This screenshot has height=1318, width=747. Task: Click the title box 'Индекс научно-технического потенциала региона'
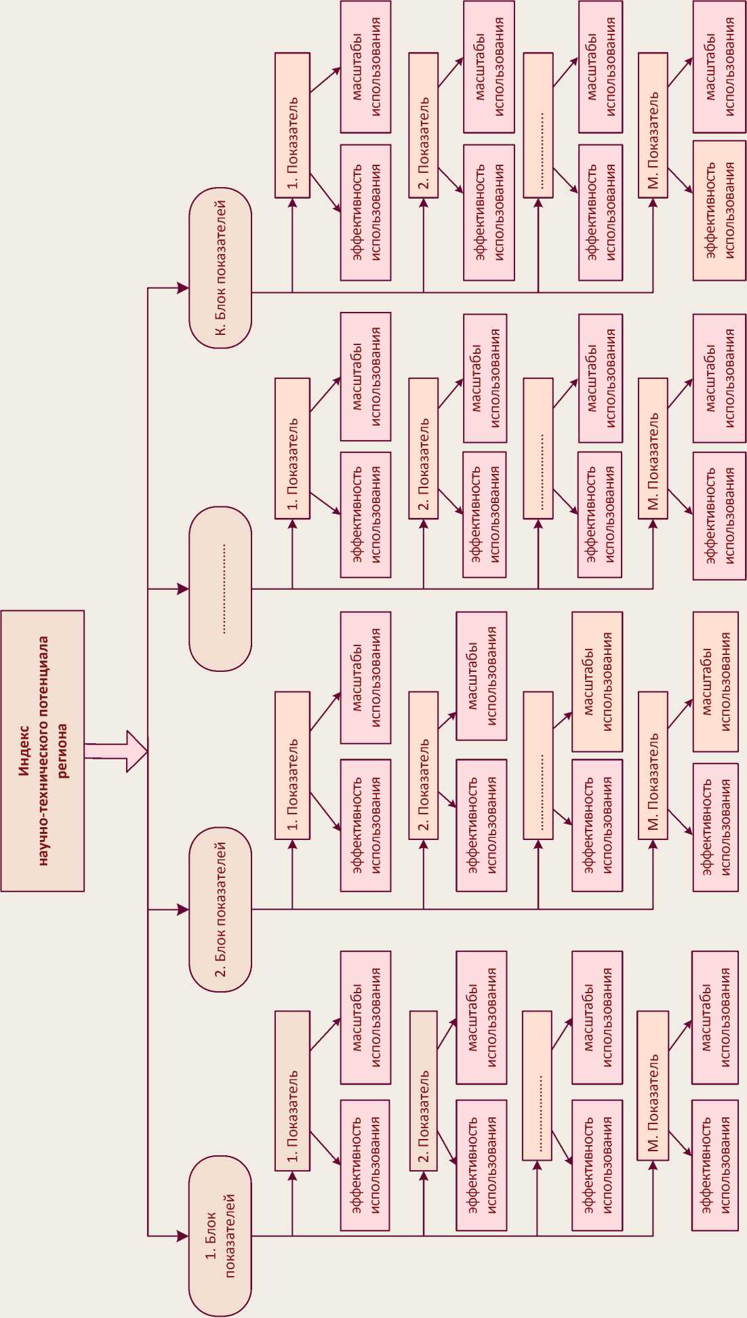pos(43,751)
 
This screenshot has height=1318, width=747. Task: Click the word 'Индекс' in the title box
pos(23,751)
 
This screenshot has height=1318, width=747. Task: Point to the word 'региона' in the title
pos(62,751)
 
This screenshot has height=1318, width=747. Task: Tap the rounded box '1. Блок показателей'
pos(220,1235)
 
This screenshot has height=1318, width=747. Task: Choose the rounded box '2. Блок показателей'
pos(220,909)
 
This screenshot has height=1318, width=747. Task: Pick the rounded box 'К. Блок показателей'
pos(220,268)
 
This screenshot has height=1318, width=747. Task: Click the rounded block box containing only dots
pos(220,588)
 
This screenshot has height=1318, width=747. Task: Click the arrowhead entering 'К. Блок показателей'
pos(182,288)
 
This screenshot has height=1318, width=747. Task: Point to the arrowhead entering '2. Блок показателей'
pos(182,909)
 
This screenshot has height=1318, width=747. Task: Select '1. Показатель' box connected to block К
pos(293,125)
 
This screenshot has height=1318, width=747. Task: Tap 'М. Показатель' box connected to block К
pos(653,125)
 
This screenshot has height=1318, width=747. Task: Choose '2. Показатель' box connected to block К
pos(424,125)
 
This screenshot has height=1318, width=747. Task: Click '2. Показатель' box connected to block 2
pos(424,765)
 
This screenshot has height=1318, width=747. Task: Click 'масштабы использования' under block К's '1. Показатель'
pos(366,66)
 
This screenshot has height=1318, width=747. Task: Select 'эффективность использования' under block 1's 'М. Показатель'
pos(715,1165)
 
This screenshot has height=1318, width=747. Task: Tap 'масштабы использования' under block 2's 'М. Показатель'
pos(715,681)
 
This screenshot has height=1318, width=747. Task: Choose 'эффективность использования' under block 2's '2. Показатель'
pos(481,824)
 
